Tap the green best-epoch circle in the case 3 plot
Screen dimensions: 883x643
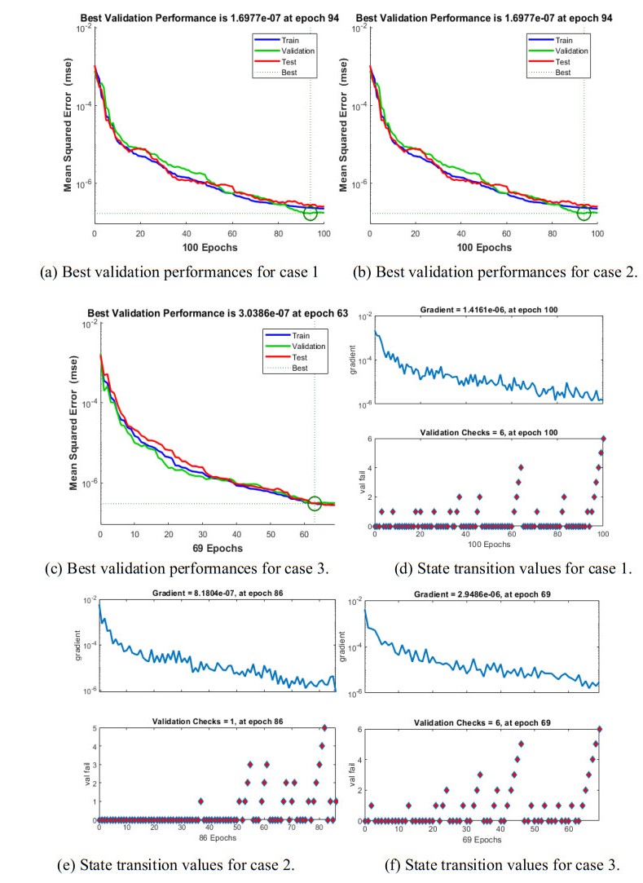[315, 502]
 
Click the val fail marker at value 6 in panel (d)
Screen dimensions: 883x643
[604, 439]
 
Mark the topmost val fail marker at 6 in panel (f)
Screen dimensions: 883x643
[600, 729]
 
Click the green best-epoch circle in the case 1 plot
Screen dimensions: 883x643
[310, 213]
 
